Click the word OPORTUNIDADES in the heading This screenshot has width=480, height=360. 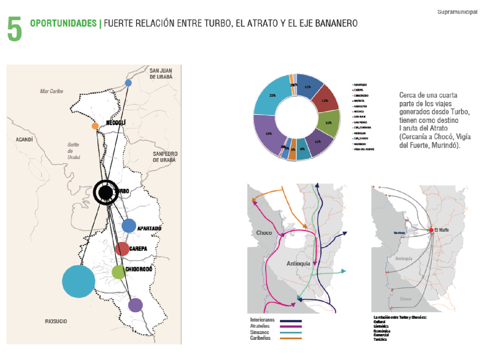pyautogui.click(x=62, y=23)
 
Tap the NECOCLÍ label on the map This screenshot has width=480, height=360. pyautogui.click(x=116, y=123)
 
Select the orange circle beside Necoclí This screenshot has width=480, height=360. pyautogui.click(x=95, y=126)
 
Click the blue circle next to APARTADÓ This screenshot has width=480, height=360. pyautogui.click(x=128, y=225)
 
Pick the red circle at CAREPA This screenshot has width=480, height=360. pyautogui.click(x=122, y=249)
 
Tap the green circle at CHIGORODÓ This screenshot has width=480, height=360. pyautogui.click(x=119, y=272)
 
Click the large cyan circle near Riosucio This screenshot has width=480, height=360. pyautogui.click(x=79, y=281)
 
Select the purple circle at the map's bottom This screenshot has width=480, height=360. pyautogui.click(x=135, y=305)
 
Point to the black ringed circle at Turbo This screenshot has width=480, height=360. pyautogui.click(x=106, y=192)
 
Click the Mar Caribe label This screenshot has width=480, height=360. pyautogui.click(x=52, y=91)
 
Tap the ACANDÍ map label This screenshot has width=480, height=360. pyautogui.click(x=24, y=140)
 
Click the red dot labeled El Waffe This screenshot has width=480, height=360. pyautogui.click(x=430, y=230)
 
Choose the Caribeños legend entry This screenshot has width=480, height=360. pyautogui.click(x=261, y=338)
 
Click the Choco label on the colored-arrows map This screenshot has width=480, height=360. pyautogui.click(x=264, y=233)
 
